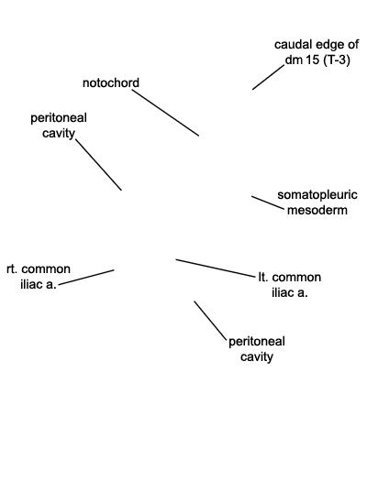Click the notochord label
point(111,82)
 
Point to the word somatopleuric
point(317,195)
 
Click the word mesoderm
point(317,210)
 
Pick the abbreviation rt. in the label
point(12,269)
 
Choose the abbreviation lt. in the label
point(263,277)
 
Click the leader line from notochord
point(165,113)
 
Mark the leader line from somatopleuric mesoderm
point(268,203)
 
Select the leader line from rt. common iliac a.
point(86,277)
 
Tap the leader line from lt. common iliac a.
point(216,268)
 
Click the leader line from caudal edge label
point(269,77)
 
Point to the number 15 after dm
point(311,60)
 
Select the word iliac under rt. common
point(29,284)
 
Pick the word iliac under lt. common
point(281,292)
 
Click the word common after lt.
point(296,278)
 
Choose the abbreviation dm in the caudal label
point(293,60)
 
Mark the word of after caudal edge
point(352,45)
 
